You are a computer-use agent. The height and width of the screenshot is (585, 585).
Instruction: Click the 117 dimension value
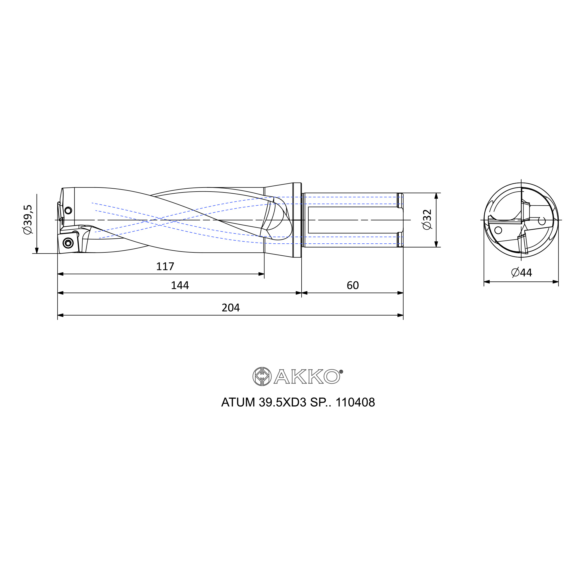pos(165,266)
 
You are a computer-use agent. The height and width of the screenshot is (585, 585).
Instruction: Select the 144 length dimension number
pos(180,285)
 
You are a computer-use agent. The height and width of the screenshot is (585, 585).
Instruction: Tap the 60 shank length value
pos(353,285)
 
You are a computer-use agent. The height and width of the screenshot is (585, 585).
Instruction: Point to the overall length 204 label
pos(231,308)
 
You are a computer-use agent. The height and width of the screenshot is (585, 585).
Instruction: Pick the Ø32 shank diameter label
pos(427,220)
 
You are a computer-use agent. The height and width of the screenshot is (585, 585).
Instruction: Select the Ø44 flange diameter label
pos(522,273)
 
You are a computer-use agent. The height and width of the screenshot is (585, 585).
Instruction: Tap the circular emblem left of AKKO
pos(262,377)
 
